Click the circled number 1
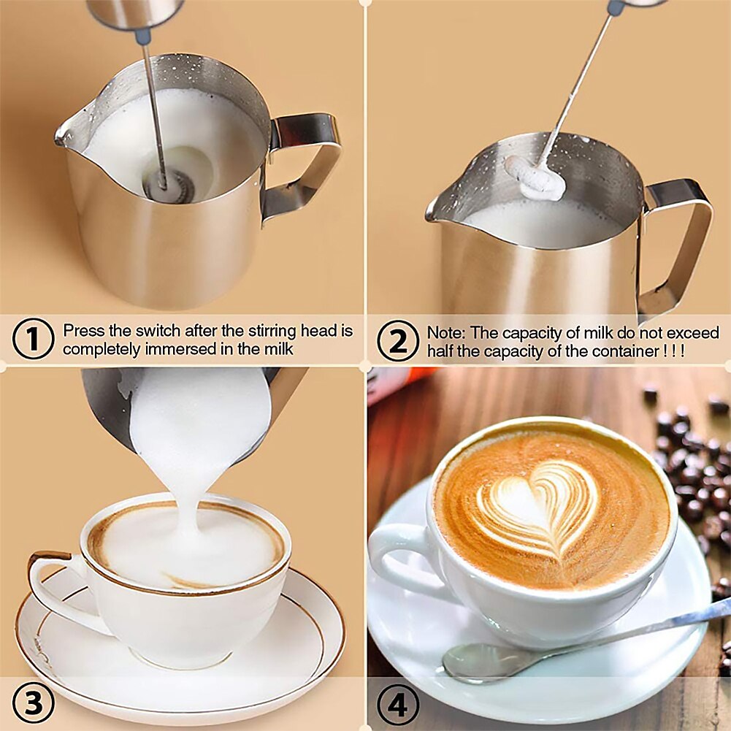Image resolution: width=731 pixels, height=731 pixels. click(x=33, y=339)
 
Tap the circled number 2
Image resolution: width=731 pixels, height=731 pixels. click(x=398, y=341)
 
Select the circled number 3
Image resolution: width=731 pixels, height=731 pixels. click(x=33, y=703)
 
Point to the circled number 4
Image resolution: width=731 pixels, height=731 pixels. click(x=398, y=705)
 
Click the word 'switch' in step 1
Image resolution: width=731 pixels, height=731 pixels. click(x=158, y=331)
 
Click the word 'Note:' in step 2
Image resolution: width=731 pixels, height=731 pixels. click(x=446, y=333)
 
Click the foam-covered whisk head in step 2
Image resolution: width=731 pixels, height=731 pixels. click(x=535, y=177)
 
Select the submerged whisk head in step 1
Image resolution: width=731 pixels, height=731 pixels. click(x=169, y=185)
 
